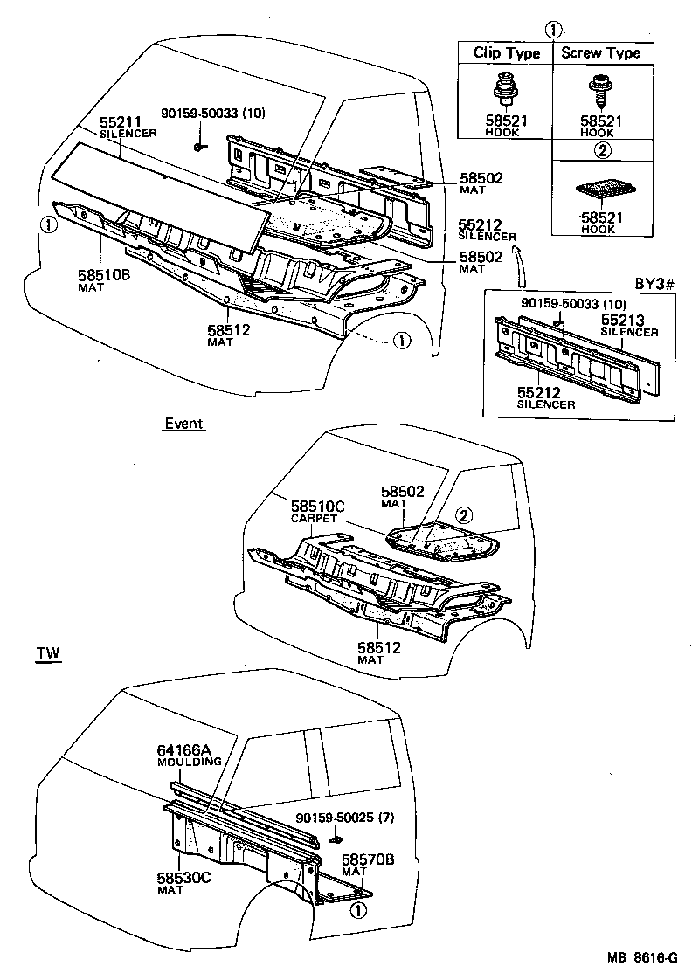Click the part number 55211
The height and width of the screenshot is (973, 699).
coord(118,123)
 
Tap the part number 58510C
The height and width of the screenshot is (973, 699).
coord(319,507)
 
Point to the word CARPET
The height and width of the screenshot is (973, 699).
coord(312,518)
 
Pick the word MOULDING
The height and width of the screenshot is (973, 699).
coord(189,762)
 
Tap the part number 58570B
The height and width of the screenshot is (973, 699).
coord(368,859)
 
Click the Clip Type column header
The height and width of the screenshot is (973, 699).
coord(507,52)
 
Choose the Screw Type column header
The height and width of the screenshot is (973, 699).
coord(600,52)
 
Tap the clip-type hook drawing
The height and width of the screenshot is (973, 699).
coord(506,89)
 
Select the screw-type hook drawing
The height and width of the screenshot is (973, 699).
coord(601,89)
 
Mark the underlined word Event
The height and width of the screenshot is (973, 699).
coord(183,424)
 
